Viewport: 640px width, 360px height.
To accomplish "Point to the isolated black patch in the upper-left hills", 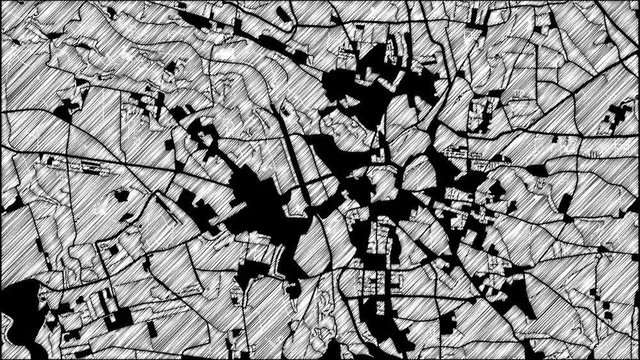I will (70, 105).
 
